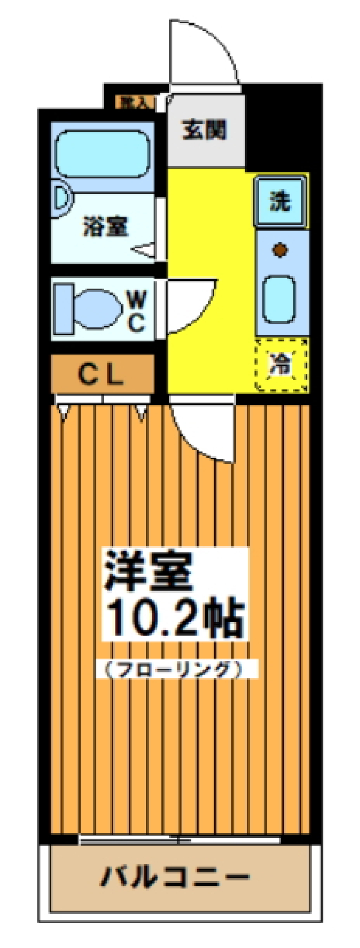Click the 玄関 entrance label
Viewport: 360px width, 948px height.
coord(205,130)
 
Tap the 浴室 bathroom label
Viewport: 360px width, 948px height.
coord(106,226)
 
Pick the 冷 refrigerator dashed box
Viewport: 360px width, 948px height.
coord(281,365)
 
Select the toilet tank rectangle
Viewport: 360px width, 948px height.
coord(64,309)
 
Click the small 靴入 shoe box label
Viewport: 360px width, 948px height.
coord(133,102)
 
